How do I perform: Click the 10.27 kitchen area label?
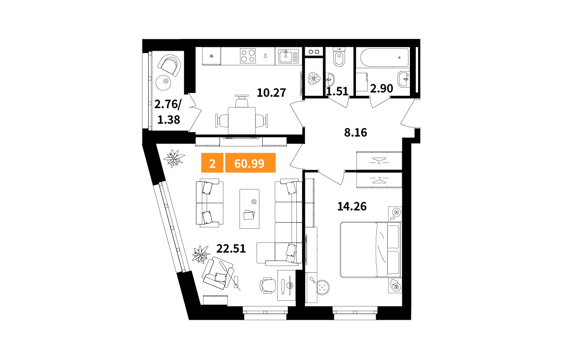point(271,93)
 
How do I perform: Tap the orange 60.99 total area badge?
point(250,163)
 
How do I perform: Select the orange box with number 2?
point(212,163)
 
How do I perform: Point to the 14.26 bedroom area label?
point(352,207)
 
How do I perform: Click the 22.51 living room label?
point(231,249)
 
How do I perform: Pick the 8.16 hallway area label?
point(355,133)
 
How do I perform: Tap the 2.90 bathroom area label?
point(382,89)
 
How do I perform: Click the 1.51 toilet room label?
point(337,91)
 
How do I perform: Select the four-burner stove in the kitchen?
point(248,56)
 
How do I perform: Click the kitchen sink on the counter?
point(289,56)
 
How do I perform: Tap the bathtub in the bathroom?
point(384,58)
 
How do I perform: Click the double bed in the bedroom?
point(371,250)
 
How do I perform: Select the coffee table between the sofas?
point(249,209)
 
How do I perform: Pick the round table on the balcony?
point(163,83)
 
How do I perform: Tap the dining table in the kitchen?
point(242,121)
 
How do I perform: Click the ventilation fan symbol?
point(314,78)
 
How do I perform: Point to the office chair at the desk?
point(267,286)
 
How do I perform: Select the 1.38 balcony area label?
point(169,120)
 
